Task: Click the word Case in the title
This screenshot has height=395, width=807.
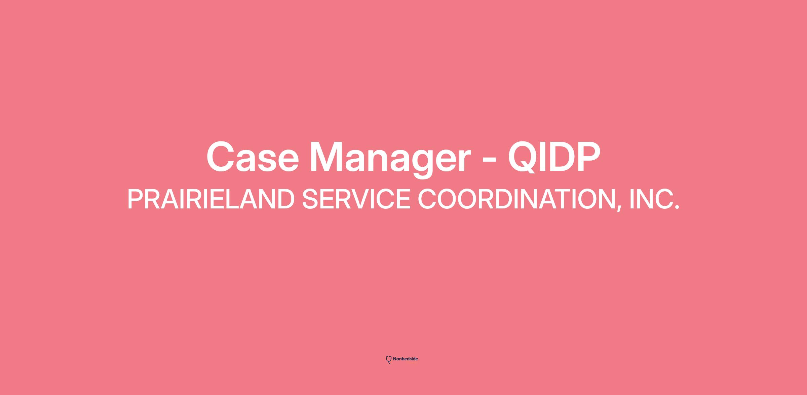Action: coord(253,157)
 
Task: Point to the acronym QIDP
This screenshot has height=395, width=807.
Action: coord(554,157)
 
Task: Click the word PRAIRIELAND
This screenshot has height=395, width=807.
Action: coord(211,199)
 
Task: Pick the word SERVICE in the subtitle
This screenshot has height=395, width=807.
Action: coord(356,199)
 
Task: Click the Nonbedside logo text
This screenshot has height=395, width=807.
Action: coord(405,359)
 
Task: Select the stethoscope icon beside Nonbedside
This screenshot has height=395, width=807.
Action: coord(389,360)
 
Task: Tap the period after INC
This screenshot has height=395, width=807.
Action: coord(677,207)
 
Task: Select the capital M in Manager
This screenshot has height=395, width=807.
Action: coord(326,157)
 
